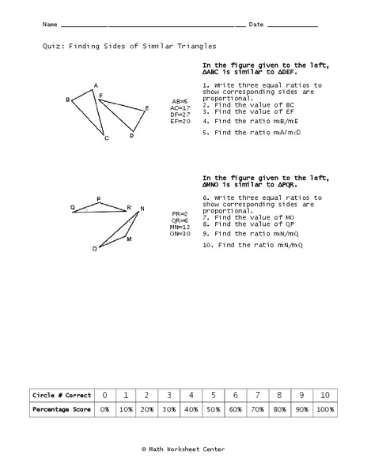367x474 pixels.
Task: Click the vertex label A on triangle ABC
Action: pos(96,85)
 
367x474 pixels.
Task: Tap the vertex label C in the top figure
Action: pos(106,139)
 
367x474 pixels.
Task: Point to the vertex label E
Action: pos(146,108)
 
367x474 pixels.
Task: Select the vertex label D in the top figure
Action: pos(131,136)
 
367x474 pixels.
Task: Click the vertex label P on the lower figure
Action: pos(98,199)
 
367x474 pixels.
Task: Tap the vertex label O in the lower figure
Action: pos(95,248)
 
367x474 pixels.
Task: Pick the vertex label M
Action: pos(129,238)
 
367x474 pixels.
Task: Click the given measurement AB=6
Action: pos(180,101)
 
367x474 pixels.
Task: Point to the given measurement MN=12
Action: pos(180,227)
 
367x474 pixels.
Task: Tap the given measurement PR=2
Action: pos(180,214)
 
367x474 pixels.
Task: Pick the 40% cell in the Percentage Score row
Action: pos(191,409)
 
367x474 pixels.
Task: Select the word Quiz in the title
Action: pos(52,47)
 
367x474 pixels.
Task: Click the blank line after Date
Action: pos(293,25)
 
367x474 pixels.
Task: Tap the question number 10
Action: pos(207,245)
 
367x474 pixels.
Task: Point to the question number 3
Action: pos(205,111)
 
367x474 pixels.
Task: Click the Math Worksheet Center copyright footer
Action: pos(183,449)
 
